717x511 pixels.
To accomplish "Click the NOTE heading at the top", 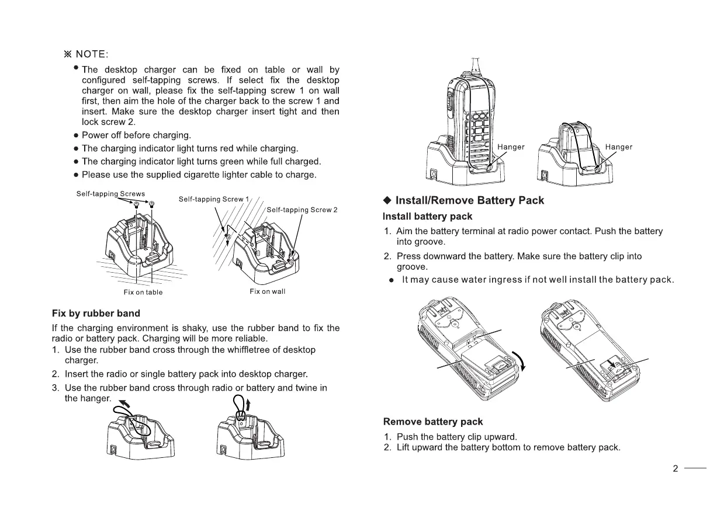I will coord(86,54).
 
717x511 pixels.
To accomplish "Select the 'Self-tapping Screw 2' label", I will coord(302,210).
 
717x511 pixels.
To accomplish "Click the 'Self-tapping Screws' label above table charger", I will coord(110,193).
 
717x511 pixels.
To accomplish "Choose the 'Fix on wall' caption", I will coord(267,291).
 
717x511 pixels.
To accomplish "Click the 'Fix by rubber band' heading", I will coord(96,314).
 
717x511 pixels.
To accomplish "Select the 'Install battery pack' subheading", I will coord(427,217).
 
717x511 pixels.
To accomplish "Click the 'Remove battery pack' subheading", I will coord(433,421).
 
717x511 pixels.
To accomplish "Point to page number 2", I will coord(675,468).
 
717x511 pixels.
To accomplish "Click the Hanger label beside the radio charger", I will coord(511,147).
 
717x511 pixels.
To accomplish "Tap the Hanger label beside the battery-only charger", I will coord(619,147).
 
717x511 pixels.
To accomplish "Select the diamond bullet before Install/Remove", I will coord(387,200).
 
